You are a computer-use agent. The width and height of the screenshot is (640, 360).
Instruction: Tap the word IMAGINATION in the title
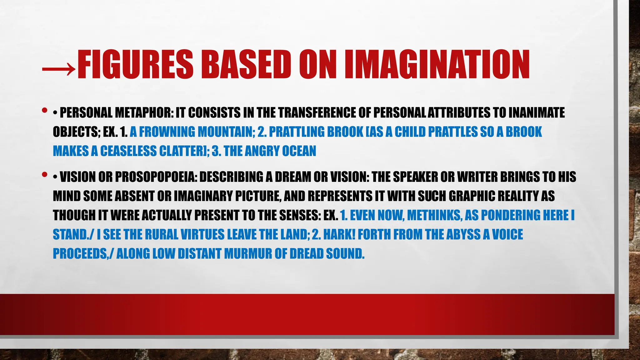point(437,65)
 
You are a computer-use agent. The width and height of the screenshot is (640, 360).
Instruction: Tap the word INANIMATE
point(537,113)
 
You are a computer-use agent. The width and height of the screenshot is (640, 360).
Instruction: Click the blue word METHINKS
point(434,215)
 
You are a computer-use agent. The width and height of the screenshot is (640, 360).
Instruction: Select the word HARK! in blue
point(339,234)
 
